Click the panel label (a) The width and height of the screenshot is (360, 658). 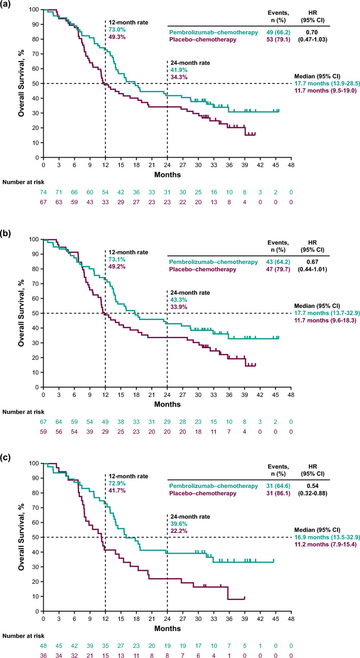click(5, 5)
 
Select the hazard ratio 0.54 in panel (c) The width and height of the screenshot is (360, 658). click(312, 486)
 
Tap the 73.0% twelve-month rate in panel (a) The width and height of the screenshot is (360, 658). click(117, 30)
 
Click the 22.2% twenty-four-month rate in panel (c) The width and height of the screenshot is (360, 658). click(179, 531)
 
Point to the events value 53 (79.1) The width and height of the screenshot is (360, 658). click(278, 39)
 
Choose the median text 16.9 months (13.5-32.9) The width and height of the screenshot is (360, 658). click(327, 537)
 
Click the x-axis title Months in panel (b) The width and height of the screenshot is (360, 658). click(168, 404)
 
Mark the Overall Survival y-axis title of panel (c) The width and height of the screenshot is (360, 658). click(21, 537)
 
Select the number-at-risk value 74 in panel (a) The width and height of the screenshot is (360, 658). click(43, 192)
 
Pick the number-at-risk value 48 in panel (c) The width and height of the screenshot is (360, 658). click(43, 646)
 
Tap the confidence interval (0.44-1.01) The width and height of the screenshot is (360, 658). click(313, 269)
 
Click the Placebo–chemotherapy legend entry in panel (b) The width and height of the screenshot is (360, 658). click(203, 269)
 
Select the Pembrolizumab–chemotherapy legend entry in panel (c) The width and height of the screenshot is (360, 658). click(213, 486)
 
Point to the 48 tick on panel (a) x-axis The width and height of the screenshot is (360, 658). click(291, 165)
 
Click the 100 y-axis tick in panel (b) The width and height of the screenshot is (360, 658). click(34, 239)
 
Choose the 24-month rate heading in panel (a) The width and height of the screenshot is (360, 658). click(190, 63)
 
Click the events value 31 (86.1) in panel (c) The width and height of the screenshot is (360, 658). click(278, 493)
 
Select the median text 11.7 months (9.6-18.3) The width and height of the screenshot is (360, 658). click(325, 320)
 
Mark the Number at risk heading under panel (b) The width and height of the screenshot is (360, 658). click(23, 412)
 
